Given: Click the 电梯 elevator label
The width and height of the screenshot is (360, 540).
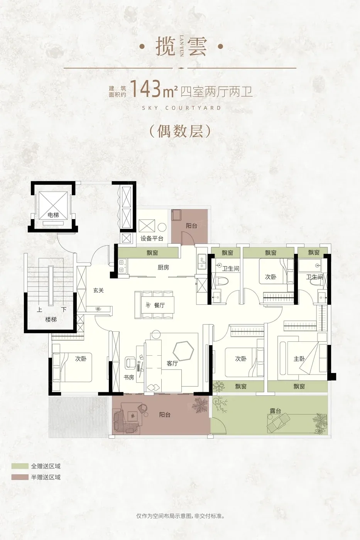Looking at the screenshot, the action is [53, 214].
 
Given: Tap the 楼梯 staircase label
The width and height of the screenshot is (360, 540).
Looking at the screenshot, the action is [51, 320].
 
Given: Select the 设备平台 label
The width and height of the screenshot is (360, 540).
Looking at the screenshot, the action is [152, 238].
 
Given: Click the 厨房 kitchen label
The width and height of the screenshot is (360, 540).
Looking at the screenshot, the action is [163, 267].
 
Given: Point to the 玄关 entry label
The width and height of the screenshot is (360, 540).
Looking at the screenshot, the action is [98, 290].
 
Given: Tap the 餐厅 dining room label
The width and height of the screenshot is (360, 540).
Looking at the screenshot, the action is [159, 305].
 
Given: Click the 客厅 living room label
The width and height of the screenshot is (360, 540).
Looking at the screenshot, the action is [172, 363].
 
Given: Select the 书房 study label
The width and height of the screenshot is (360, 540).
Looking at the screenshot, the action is [129, 377].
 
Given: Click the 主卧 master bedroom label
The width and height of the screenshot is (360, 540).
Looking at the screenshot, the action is [299, 359].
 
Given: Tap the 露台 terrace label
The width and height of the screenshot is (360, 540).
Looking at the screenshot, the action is [275, 410].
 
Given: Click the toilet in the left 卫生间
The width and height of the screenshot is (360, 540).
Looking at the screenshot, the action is [220, 281].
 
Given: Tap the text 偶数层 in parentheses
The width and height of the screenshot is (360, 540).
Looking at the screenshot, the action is [180, 132].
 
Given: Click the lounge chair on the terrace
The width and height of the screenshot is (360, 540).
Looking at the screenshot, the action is [279, 420].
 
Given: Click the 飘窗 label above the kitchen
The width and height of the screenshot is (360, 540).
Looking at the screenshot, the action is [152, 253].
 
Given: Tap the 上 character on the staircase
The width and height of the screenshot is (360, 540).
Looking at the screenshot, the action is [39, 309].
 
